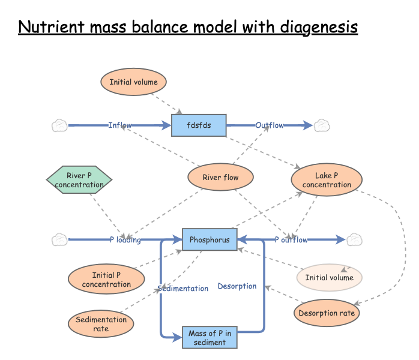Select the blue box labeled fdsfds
coord(198,125)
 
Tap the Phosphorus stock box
coord(209,240)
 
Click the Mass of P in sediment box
coord(209,338)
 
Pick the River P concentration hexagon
coord(79,180)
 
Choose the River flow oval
coord(220,178)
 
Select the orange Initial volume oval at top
coord(133,82)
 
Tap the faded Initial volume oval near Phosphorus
coord(330,278)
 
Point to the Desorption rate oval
coord(327,313)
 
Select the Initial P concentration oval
coord(106,280)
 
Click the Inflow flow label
coord(120,125)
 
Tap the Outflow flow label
coord(270,125)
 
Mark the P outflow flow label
coord(291,240)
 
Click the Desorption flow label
coord(237,286)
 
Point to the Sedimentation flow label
coord(183,289)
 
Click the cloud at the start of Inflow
coord(59,125)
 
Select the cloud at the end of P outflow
coord(355,240)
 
